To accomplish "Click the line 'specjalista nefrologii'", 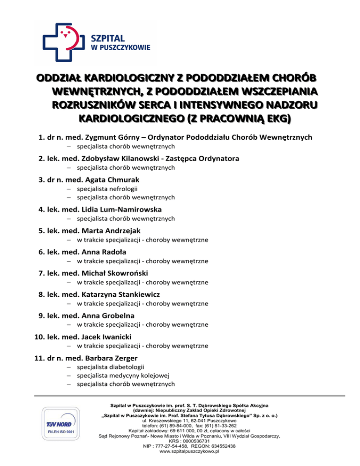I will (107, 189).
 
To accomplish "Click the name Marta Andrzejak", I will (111, 231).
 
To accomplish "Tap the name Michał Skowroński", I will (114, 273).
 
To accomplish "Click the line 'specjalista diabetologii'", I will (111, 367).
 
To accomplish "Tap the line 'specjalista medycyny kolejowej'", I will (123, 376).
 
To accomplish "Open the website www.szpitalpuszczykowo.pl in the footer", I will (190, 451).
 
